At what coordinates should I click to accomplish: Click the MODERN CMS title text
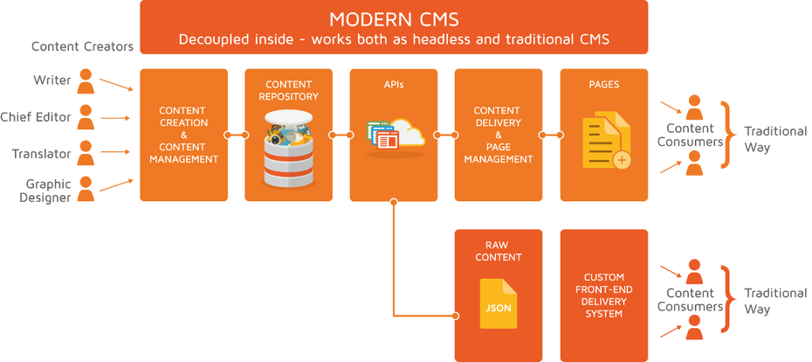click(x=394, y=19)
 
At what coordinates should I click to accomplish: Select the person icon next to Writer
click(x=86, y=81)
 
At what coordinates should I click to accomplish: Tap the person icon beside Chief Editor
click(x=86, y=117)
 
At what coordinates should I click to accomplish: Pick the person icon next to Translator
click(x=86, y=153)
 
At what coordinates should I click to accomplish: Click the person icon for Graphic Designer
click(x=86, y=189)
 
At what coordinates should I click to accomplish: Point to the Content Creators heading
click(x=82, y=46)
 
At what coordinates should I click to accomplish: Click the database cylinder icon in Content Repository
click(x=288, y=149)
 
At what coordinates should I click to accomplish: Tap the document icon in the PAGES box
click(x=604, y=137)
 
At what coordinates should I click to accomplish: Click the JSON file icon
click(x=498, y=303)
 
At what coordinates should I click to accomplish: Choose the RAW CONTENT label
click(x=499, y=251)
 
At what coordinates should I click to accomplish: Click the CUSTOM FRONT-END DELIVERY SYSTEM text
click(x=603, y=296)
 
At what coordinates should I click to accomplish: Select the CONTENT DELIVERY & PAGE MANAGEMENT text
click(x=498, y=136)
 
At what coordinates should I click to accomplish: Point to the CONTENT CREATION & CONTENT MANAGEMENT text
click(x=183, y=136)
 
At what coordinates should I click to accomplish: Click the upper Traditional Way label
click(x=774, y=139)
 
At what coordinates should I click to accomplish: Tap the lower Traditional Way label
click(x=774, y=301)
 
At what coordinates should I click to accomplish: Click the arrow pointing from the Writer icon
click(x=115, y=85)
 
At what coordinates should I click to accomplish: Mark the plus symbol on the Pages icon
click(x=622, y=160)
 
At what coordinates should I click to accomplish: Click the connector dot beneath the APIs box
click(x=394, y=202)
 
